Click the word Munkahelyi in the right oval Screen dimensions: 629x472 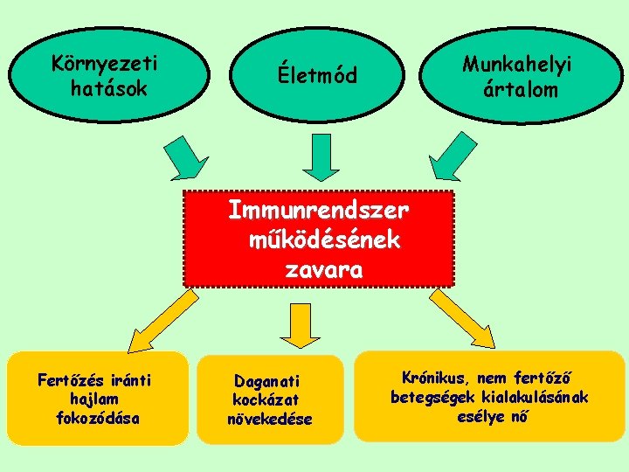[x=516, y=65]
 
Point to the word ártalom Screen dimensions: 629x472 [x=519, y=88]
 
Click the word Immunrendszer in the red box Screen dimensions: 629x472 [x=318, y=211]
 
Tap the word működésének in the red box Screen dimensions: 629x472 [x=324, y=240]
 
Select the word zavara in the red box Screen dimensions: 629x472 [x=323, y=270]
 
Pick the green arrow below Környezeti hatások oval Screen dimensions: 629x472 [x=187, y=156]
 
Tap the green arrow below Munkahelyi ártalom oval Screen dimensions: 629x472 [x=456, y=156]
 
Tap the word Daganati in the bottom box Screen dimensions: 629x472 [x=266, y=381]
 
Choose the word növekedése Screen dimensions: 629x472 [x=269, y=419]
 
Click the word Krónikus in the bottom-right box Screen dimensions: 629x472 [x=432, y=378]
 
